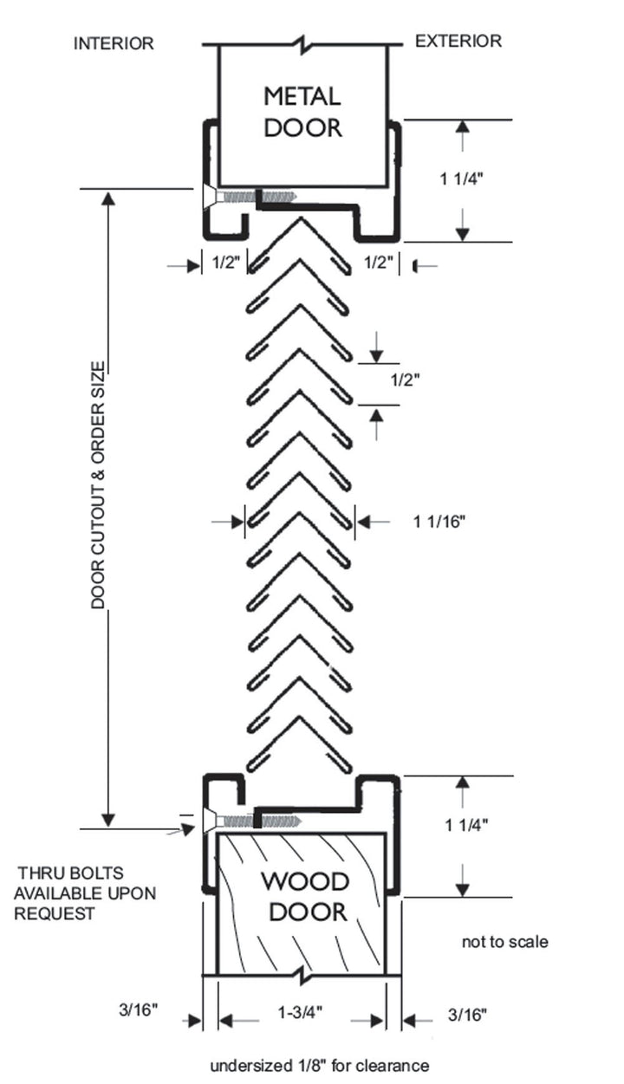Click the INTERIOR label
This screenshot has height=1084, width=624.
[x=114, y=43]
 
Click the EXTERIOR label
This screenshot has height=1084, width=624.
[x=458, y=42]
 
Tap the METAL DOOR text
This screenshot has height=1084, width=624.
[x=302, y=112]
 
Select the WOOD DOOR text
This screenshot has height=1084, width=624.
[x=306, y=896]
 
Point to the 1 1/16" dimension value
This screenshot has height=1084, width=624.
[x=439, y=522]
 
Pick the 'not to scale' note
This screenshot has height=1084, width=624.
[x=505, y=942]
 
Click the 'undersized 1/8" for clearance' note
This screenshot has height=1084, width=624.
[x=320, y=1066]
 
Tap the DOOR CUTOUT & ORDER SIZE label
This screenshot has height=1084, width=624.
[x=98, y=484]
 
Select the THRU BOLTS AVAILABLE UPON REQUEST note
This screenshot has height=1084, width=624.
[x=85, y=893]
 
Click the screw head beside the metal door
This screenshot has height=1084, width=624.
[x=210, y=197]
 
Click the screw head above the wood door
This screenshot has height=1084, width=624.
[x=210, y=821]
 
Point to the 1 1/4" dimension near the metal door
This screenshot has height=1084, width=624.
[x=461, y=179]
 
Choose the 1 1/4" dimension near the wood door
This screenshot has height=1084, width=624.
[x=466, y=825]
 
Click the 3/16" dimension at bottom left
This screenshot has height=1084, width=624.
[x=139, y=1009]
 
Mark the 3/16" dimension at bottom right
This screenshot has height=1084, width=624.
[x=468, y=1015]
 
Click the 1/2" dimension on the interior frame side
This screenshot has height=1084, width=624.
[x=226, y=263]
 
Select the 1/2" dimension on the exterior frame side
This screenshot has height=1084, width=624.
[x=379, y=263]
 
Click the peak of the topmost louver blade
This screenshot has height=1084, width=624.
[x=301, y=218]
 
